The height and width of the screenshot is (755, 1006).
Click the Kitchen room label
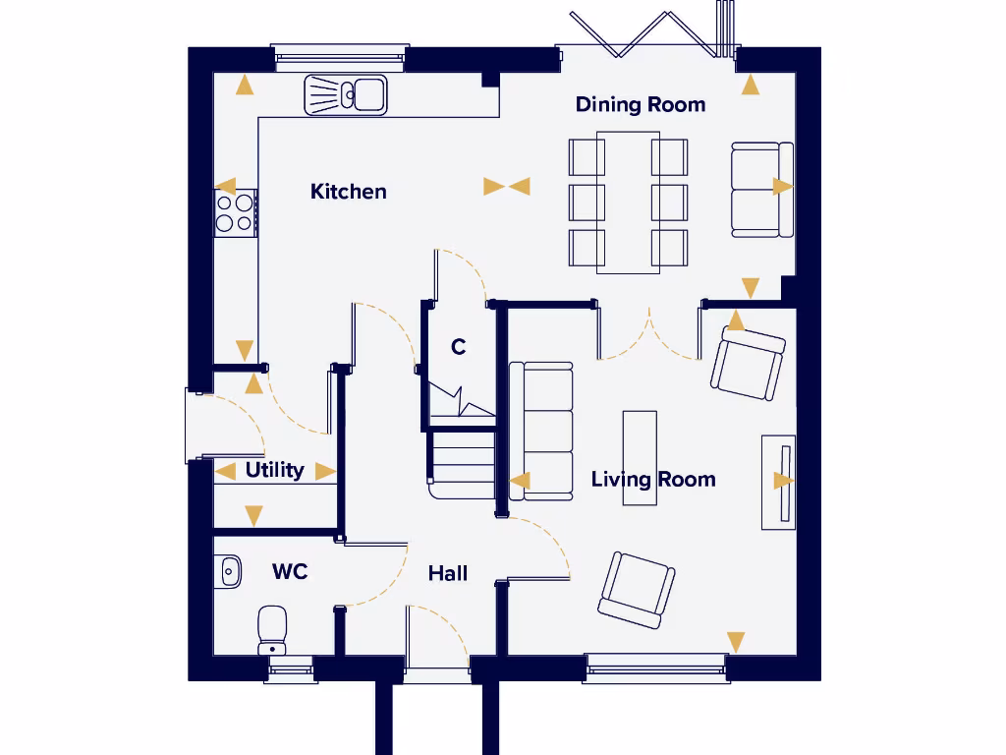click(348, 192)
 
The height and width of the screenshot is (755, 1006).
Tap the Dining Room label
click(640, 105)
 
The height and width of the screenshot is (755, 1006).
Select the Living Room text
click(652, 480)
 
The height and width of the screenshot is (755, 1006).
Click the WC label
click(290, 571)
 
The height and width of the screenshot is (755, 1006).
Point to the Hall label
click(447, 573)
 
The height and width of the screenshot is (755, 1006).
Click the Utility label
click(274, 470)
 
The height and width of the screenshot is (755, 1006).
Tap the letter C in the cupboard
click(458, 347)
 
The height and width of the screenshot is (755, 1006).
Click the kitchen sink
click(347, 95)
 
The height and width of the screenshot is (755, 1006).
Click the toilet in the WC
click(272, 629)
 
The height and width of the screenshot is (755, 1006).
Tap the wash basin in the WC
click(228, 571)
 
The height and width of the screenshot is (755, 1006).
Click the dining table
click(628, 202)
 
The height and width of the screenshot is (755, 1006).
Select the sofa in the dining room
click(760, 188)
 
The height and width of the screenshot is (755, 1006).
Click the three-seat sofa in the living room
click(541, 431)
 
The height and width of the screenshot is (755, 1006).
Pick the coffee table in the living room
click(640, 457)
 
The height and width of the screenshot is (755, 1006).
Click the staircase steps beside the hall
click(462, 462)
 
